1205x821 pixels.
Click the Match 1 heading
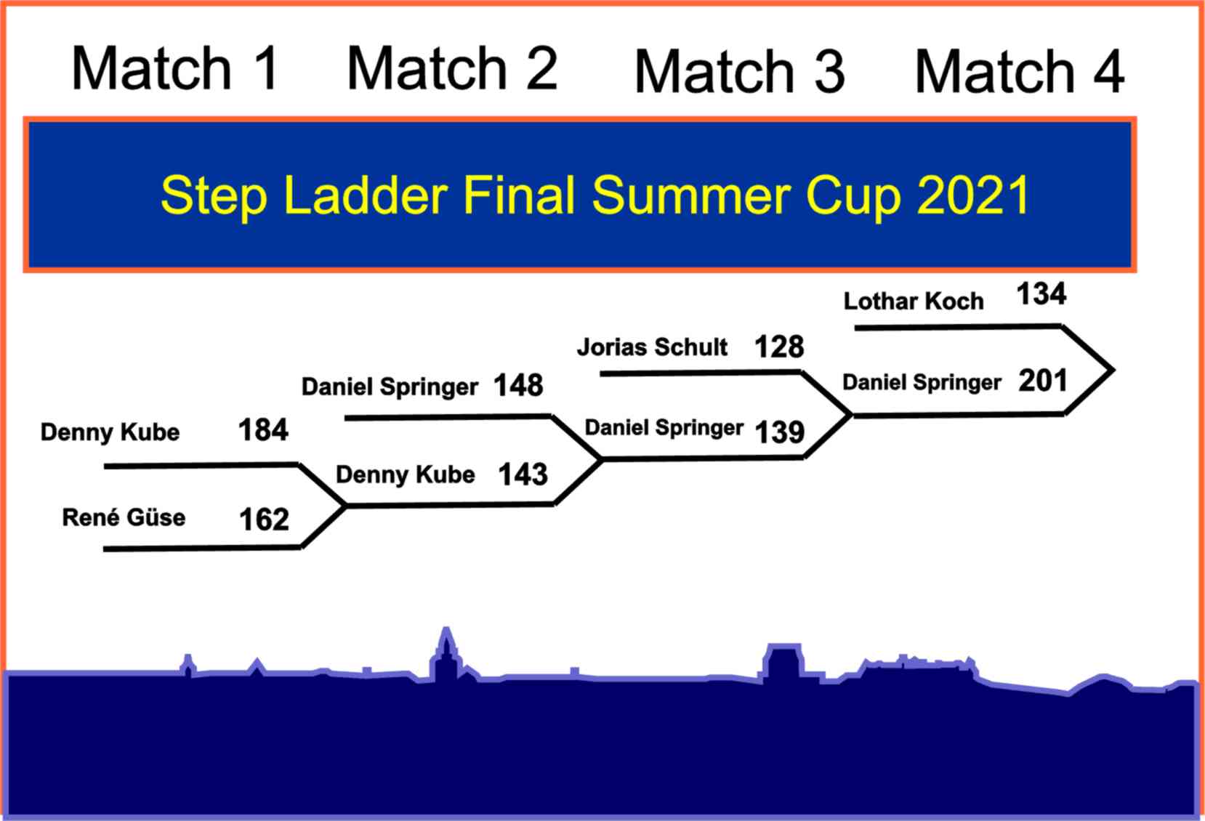[x=175, y=68]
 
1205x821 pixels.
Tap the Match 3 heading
[x=740, y=71]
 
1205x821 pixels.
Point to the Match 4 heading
[x=1020, y=71]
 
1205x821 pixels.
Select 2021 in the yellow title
[x=973, y=195]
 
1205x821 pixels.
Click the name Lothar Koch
[x=914, y=301]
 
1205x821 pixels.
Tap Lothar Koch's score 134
[x=1041, y=294]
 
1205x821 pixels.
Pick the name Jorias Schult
[x=652, y=347]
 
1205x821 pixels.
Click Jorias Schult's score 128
[x=780, y=347]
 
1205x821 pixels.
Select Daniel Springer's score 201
[x=1042, y=381]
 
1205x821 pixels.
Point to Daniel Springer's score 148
[x=519, y=386]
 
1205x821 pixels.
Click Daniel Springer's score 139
[x=780, y=432]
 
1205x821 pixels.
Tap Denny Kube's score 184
[x=264, y=430]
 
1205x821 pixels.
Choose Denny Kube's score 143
[x=523, y=474]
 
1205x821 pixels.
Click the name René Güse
[x=124, y=517]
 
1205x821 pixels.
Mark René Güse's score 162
[x=264, y=519]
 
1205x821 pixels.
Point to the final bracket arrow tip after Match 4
[x=1113, y=370]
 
